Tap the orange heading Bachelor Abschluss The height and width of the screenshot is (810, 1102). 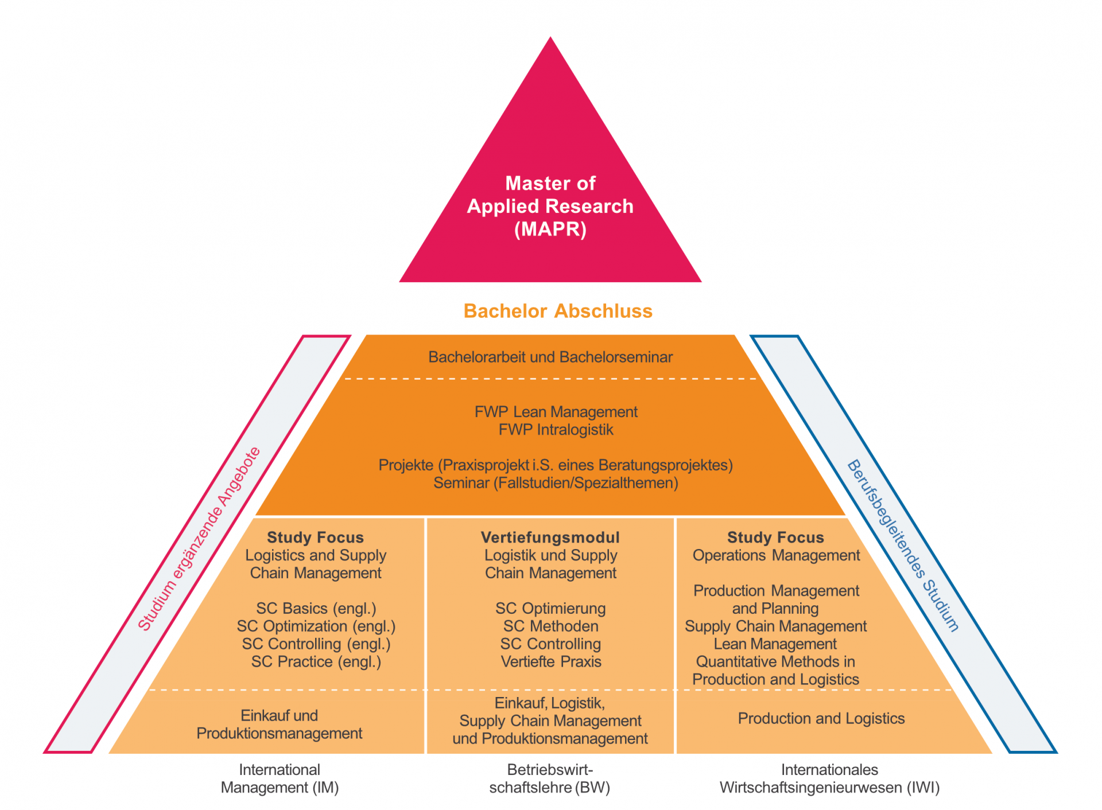(x=557, y=311)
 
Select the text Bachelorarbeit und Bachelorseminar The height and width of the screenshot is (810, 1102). (x=550, y=357)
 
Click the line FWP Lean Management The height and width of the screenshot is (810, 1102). (x=556, y=412)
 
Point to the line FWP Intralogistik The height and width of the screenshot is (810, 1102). (x=556, y=430)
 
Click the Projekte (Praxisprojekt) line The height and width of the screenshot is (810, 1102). (x=555, y=465)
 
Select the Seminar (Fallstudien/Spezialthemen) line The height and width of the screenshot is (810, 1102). (x=555, y=483)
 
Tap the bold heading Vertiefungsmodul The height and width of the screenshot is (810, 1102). (x=550, y=538)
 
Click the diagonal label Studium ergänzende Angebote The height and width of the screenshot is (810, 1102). (x=199, y=539)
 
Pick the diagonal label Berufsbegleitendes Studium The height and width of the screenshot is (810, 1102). (x=903, y=545)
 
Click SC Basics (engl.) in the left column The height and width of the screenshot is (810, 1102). (x=316, y=608)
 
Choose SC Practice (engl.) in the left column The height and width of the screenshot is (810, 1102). (x=316, y=661)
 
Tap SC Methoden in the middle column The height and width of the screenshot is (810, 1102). (x=550, y=626)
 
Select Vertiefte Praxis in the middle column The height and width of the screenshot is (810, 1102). (x=550, y=661)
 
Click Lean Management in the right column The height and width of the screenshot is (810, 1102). (x=775, y=644)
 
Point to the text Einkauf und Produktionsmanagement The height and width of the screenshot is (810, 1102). (x=279, y=724)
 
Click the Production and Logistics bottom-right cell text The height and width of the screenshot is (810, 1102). (x=821, y=718)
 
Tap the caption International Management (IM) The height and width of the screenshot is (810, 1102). (x=280, y=778)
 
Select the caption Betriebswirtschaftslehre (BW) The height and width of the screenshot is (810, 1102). (x=549, y=778)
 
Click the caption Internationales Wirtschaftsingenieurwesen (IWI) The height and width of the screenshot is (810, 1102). (x=829, y=778)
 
